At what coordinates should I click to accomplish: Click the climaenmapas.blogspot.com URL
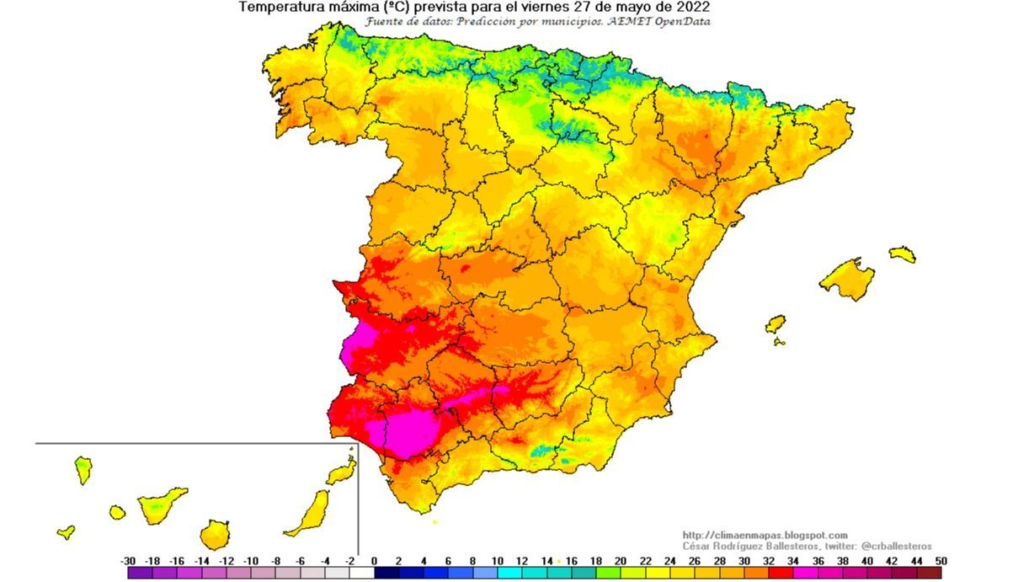(x=765, y=535)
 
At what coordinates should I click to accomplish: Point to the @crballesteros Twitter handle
(x=896, y=546)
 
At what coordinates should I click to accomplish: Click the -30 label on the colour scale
(x=128, y=561)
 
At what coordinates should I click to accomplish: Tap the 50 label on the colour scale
(x=941, y=561)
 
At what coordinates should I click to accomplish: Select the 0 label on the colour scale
(x=374, y=561)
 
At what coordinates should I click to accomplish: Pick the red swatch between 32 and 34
(x=781, y=573)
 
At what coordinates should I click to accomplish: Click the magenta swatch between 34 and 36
(x=805, y=573)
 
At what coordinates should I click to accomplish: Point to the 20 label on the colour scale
(x=621, y=561)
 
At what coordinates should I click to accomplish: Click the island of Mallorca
(x=847, y=278)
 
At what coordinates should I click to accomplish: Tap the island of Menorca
(x=902, y=254)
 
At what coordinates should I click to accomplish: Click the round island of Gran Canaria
(x=215, y=534)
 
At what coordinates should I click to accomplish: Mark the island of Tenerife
(x=161, y=505)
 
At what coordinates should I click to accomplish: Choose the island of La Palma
(x=83, y=469)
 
